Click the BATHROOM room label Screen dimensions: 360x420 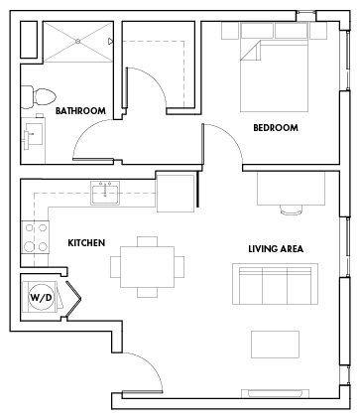point(80,110)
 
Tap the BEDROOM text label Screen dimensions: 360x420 point(276,128)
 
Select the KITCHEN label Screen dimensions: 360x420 point(86,243)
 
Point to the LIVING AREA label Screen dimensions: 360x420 point(276,249)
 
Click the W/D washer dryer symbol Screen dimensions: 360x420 point(41,297)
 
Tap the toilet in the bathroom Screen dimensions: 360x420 point(38,97)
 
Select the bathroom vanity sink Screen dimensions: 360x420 point(33,136)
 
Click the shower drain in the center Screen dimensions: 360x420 point(77,41)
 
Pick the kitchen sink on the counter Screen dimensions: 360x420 point(105,193)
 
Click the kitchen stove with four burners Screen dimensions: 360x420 point(36,237)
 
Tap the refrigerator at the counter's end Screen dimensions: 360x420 point(176,192)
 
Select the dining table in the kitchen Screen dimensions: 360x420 point(147,267)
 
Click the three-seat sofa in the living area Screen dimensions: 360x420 point(276,284)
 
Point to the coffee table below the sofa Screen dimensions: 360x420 point(275,345)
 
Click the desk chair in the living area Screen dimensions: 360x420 point(291,210)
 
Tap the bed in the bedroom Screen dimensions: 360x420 point(274,75)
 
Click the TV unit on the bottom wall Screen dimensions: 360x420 point(275,393)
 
